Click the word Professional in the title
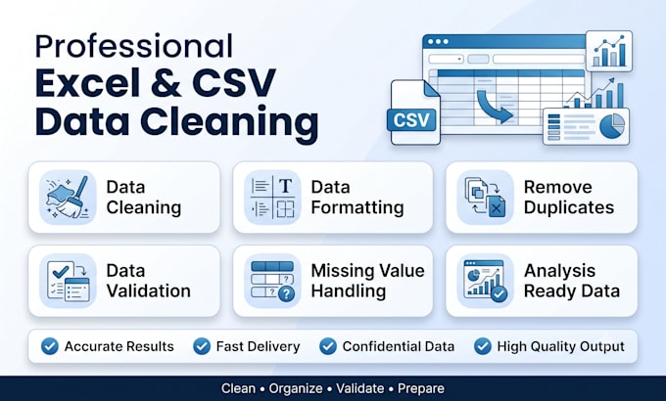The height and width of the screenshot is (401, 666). (134, 46)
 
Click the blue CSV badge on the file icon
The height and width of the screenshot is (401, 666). (411, 120)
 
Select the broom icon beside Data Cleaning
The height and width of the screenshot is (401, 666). (68, 198)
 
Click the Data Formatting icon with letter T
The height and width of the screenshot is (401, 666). (272, 198)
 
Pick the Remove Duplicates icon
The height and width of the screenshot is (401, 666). (485, 198)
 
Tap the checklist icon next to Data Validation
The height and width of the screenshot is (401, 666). (68, 281)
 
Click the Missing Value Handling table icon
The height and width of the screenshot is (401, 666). (272, 281)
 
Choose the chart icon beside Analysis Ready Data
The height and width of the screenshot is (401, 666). (485, 281)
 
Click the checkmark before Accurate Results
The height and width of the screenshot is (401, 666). (50, 346)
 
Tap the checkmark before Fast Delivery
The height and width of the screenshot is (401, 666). (202, 346)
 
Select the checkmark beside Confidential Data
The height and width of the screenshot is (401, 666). (328, 346)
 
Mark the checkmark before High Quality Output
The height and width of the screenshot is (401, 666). (483, 346)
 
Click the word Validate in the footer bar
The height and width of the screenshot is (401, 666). (360, 388)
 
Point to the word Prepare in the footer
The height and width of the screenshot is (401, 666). (421, 388)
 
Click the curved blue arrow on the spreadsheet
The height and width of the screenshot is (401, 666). (494, 106)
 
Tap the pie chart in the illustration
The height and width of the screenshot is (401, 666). (612, 126)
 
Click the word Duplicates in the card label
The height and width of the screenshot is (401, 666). (569, 207)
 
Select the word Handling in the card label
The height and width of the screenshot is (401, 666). (349, 291)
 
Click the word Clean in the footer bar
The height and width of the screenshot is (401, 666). (238, 388)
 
